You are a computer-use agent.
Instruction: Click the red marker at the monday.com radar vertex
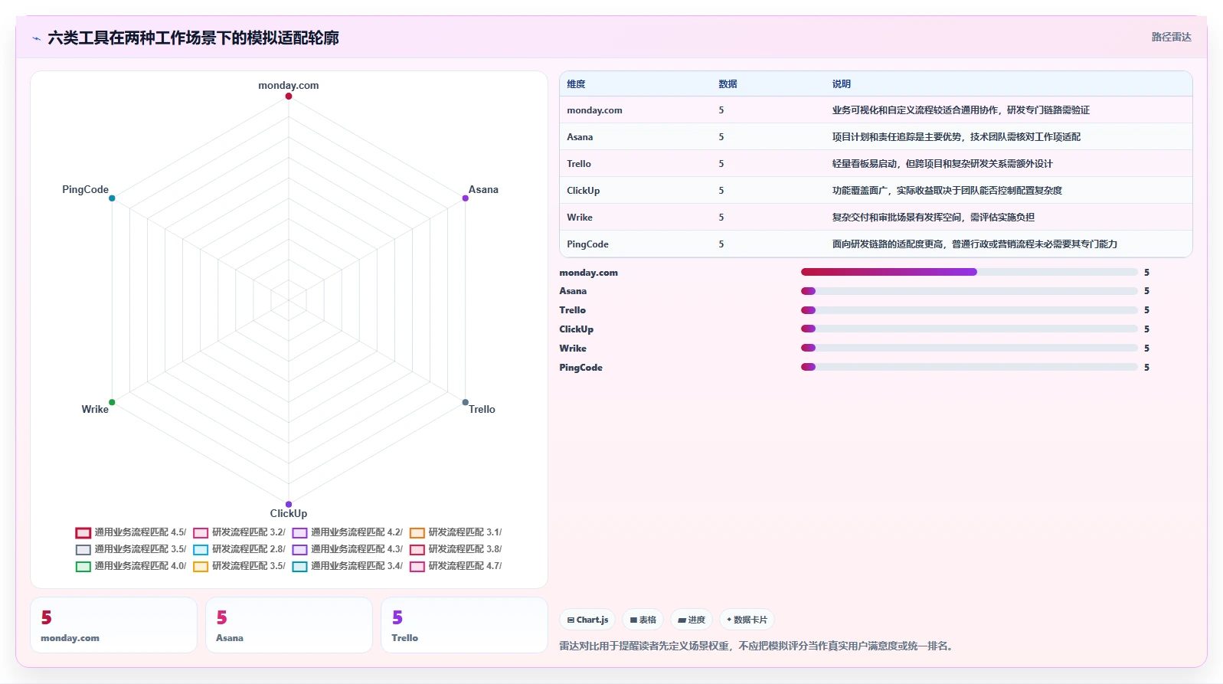coord(288,96)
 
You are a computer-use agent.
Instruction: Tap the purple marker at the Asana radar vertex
coord(465,198)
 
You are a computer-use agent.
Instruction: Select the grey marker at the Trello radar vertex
coord(465,402)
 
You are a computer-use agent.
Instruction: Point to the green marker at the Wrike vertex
coord(112,402)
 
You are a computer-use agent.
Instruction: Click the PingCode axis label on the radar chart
coord(85,189)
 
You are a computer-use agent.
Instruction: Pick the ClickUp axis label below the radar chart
coord(288,513)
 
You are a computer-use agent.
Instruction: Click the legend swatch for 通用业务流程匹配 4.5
coord(83,533)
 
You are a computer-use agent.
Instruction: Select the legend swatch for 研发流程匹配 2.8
coord(201,550)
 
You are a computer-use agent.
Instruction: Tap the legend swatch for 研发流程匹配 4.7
coord(417,567)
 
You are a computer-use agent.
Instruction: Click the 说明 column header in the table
coord(842,84)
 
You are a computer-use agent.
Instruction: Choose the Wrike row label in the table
coord(579,218)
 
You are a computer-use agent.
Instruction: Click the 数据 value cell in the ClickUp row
coord(721,191)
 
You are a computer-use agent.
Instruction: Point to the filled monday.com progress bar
coord(889,272)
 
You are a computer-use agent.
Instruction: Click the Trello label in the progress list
coord(572,310)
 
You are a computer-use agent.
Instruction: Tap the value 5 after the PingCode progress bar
coord(1146,368)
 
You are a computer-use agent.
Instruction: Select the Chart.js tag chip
coord(587,620)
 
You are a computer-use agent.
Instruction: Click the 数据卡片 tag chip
coord(747,620)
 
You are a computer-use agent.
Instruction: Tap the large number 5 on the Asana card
coord(221,617)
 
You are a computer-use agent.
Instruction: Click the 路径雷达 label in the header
coord(1172,37)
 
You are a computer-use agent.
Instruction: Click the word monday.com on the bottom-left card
coord(70,637)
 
